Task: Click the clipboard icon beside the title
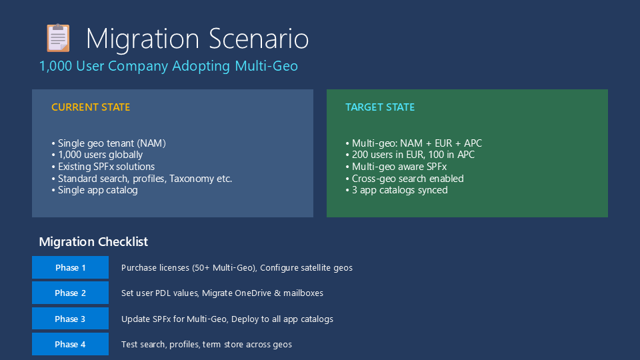(58, 38)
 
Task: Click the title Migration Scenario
(197, 39)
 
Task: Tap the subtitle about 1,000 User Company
(168, 66)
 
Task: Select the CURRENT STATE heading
(91, 107)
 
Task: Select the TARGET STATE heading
(380, 107)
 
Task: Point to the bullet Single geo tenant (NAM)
(109, 143)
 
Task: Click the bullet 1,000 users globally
(97, 155)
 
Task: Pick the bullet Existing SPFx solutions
(103, 167)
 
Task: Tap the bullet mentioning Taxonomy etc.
(141, 179)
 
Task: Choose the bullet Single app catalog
(95, 190)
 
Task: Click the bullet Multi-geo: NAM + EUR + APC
(413, 143)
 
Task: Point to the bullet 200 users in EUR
(410, 155)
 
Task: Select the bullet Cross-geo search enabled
(405, 179)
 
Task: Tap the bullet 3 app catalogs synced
(396, 190)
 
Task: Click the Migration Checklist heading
(93, 241)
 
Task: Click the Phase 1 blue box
(70, 267)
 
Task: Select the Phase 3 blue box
(70, 319)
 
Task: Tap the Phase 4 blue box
(70, 344)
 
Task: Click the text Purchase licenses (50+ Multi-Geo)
(189, 268)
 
